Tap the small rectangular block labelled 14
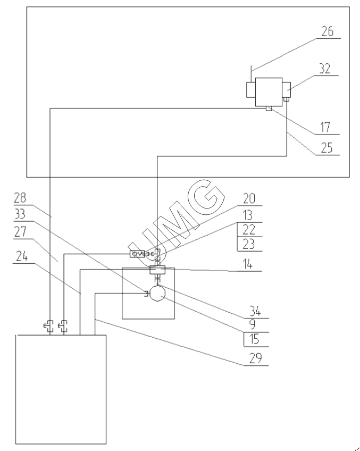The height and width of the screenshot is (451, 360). click(x=158, y=270)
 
